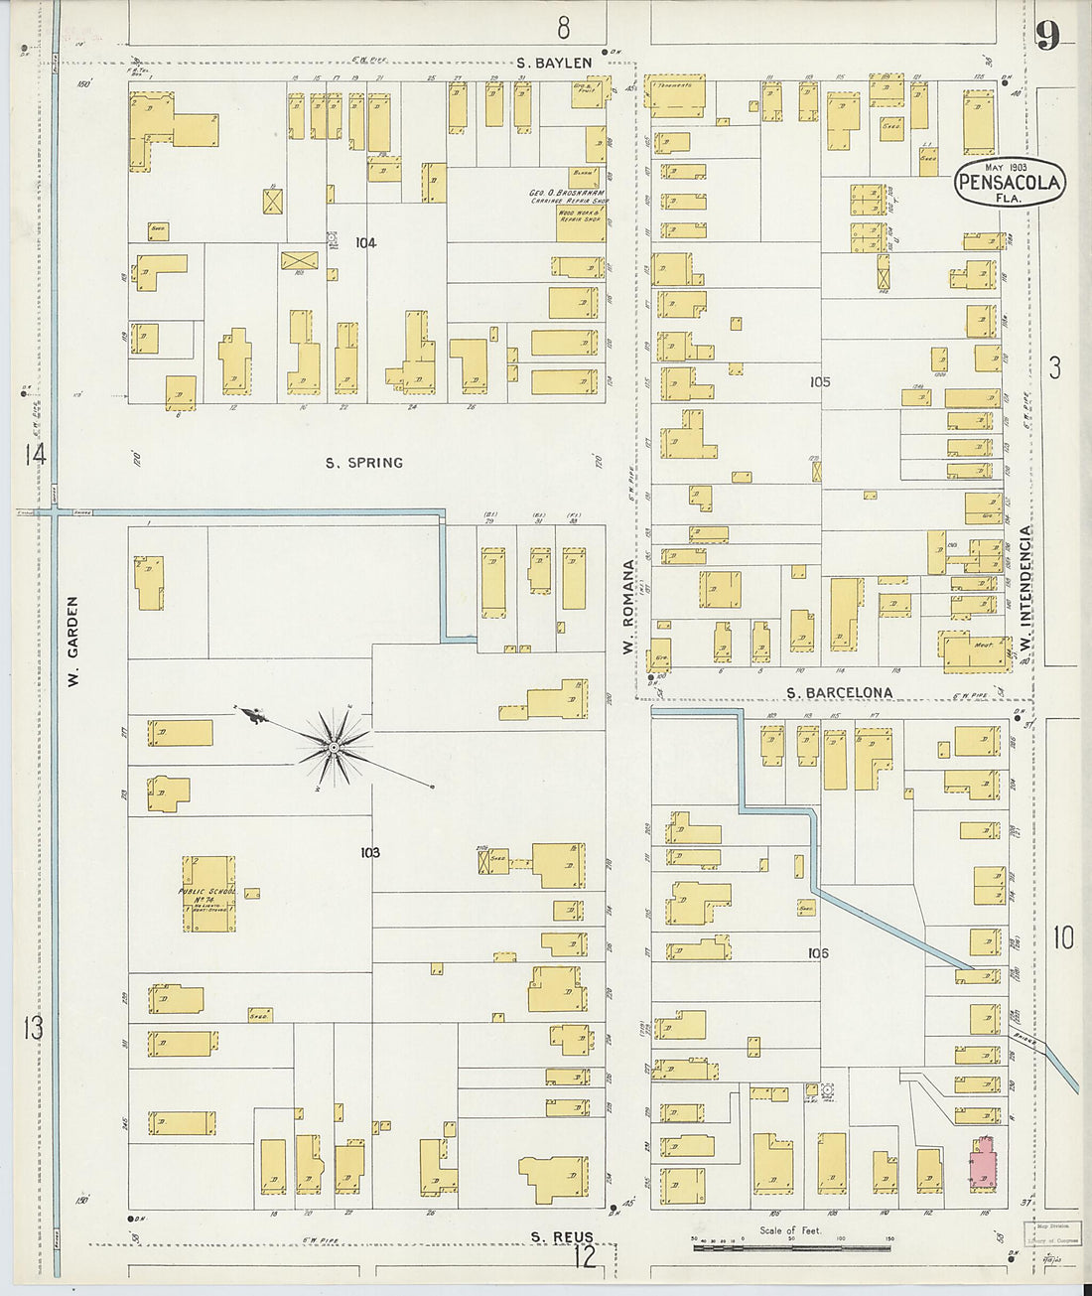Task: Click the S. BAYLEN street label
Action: point(554,63)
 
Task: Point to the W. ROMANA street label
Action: point(627,607)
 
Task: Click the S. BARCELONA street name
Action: point(839,692)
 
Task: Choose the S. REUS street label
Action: point(562,1236)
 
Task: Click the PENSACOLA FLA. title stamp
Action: point(1009,183)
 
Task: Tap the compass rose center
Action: point(336,746)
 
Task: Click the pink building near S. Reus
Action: point(983,1162)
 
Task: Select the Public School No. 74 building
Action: point(209,894)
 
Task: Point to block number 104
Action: point(365,242)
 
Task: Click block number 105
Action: point(819,381)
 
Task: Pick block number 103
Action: point(370,852)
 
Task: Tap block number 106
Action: point(818,953)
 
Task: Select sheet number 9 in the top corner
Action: point(1047,34)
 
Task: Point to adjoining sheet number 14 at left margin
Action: point(36,455)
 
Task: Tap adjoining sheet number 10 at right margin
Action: point(1062,936)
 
